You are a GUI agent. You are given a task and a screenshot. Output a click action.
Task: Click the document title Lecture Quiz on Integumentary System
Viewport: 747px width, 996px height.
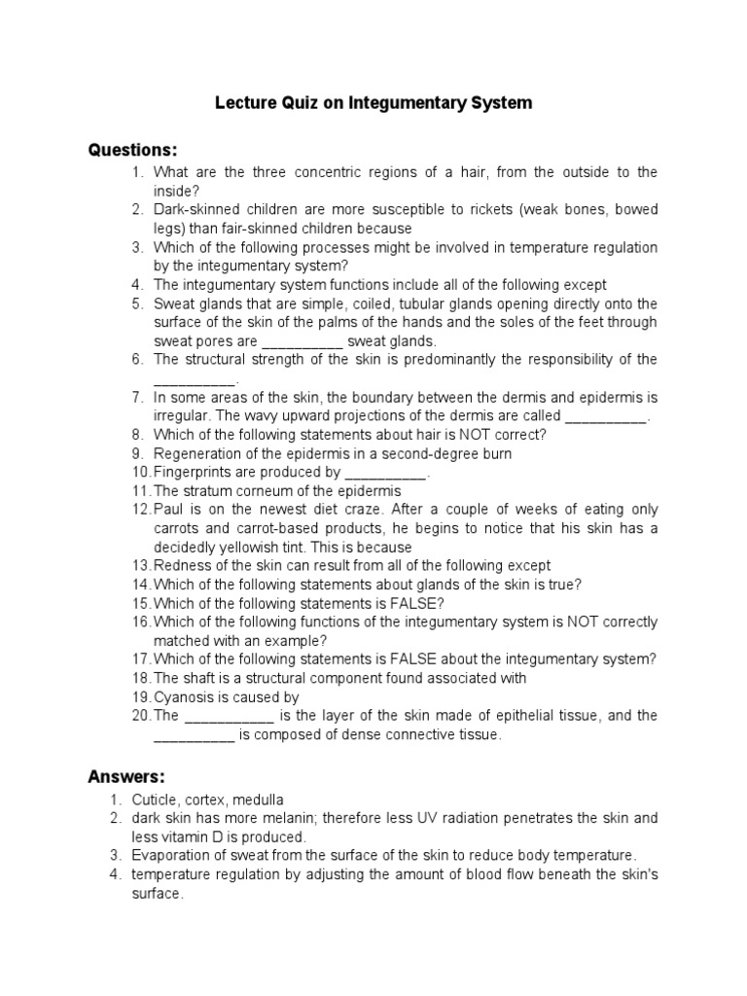[x=373, y=103]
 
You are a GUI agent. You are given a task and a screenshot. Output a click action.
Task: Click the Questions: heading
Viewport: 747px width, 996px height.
[x=133, y=150]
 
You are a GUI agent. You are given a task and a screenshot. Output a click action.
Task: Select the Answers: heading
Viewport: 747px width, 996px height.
[x=126, y=776]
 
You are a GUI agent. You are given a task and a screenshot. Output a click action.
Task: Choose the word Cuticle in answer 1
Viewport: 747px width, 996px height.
[x=156, y=800]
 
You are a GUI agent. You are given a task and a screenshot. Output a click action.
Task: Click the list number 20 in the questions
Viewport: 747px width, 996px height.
[x=142, y=716]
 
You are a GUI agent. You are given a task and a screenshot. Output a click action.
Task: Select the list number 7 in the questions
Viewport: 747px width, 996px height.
[x=138, y=397]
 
